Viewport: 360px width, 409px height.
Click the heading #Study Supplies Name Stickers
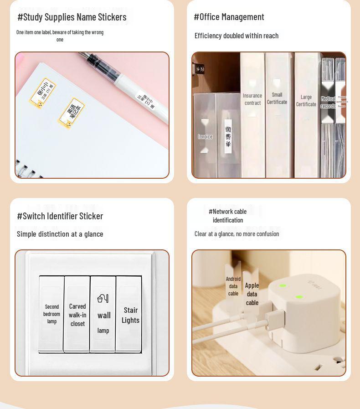click(72, 17)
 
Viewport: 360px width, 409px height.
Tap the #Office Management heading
click(229, 17)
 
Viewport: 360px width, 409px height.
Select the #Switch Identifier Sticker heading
click(60, 216)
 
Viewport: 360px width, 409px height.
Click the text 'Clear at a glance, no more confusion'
click(237, 234)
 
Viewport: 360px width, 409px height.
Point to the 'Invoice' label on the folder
click(205, 137)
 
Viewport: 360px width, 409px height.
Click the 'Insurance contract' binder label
click(252, 99)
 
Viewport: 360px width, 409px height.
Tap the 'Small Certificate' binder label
click(277, 98)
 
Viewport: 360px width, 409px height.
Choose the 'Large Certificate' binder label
click(306, 101)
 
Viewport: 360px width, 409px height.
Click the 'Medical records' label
click(328, 103)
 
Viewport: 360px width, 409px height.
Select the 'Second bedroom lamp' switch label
click(52, 314)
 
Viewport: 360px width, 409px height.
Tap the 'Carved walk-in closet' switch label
click(77, 315)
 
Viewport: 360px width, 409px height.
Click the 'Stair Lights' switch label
click(130, 315)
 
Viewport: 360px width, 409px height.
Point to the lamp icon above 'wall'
click(103, 298)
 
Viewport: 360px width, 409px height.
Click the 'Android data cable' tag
click(233, 286)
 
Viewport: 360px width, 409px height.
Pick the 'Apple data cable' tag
click(252, 294)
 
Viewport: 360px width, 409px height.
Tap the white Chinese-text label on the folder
click(228, 136)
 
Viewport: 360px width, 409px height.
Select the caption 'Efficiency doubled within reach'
click(237, 36)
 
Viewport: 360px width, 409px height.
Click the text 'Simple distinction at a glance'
click(60, 234)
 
